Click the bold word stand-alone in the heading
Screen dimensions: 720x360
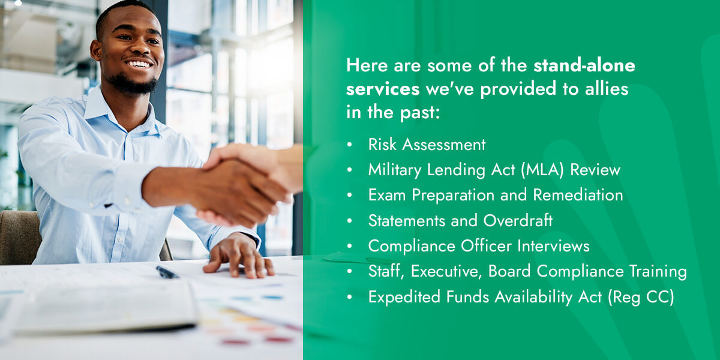point(584,65)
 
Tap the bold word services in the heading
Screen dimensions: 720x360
point(383,89)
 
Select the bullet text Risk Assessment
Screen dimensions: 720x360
point(427,145)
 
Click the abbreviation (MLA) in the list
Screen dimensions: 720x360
point(542,170)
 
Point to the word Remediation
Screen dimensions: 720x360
point(578,195)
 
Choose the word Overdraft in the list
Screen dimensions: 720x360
point(518,221)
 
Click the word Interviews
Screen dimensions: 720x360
point(553,246)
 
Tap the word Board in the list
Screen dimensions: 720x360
point(509,271)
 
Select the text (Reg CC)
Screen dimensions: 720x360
point(641,296)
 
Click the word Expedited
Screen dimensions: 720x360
point(404,297)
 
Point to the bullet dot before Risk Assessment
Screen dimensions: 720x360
point(350,145)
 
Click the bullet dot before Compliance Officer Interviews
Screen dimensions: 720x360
point(350,246)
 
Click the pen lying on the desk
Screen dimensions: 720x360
point(167,272)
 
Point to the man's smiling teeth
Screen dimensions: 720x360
point(139,64)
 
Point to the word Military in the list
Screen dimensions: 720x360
point(395,170)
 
